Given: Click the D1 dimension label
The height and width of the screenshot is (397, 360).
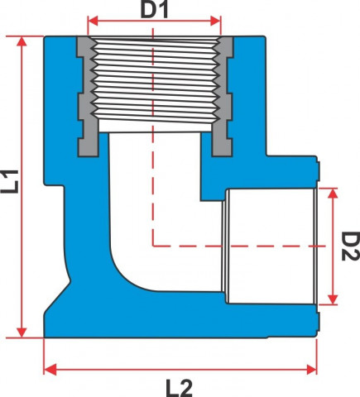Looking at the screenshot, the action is coord(154,11).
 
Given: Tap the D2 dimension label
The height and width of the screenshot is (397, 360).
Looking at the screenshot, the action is coord(350,246).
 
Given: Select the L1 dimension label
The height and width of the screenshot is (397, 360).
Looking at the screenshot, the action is coord(10,181).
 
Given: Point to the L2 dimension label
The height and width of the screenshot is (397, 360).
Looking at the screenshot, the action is coord(179,388).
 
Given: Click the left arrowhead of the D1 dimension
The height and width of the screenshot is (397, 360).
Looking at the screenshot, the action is coord(93,21).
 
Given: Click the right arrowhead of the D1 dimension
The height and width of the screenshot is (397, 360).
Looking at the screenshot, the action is coord(215,21).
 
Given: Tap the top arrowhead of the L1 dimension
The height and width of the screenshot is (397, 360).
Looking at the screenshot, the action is coord(22,41).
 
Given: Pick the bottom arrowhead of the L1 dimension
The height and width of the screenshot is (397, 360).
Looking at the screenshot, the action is coord(22,332).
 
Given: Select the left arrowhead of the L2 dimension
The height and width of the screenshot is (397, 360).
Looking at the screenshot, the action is coord(50,370).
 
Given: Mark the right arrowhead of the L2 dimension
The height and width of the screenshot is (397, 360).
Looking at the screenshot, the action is coord(311,370).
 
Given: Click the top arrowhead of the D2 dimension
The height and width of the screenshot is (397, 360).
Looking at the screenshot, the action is coord(334,194).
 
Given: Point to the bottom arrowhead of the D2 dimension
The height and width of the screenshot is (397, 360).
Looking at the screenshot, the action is coord(334,299).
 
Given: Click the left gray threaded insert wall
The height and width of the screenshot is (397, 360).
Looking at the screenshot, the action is coord(87,97).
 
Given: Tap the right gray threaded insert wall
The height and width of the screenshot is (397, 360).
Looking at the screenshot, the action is coord(223,97).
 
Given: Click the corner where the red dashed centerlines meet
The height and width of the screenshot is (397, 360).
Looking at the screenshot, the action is coord(153,246).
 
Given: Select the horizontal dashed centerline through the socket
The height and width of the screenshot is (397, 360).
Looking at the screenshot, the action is coord(239,246).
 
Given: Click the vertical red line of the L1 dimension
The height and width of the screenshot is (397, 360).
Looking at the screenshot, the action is coord(22,187).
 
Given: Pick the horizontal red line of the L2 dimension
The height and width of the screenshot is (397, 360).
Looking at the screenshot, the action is coord(180,370).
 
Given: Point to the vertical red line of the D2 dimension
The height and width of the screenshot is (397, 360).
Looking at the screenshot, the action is coord(334,246).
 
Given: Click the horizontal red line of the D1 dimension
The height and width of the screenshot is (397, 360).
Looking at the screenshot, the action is coord(154,21).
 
